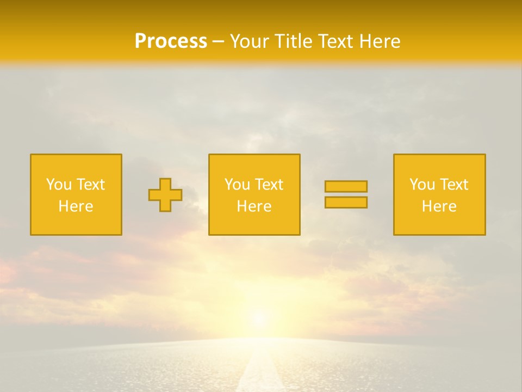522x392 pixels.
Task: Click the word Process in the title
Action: point(171,41)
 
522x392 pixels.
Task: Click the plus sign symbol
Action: point(165,195)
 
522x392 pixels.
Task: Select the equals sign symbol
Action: point(346,194)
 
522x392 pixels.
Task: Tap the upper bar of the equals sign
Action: point(346,187)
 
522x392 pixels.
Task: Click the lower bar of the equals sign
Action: point(346,202)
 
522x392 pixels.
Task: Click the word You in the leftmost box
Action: point(59,185)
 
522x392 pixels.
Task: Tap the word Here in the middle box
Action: point(254,206)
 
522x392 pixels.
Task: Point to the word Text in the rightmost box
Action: point(454,185)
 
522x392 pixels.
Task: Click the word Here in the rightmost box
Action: point(439,206)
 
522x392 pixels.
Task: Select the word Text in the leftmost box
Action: point(91,185)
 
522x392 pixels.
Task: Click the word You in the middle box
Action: point(237,185)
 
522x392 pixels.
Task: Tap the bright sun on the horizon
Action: point(259,318)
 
